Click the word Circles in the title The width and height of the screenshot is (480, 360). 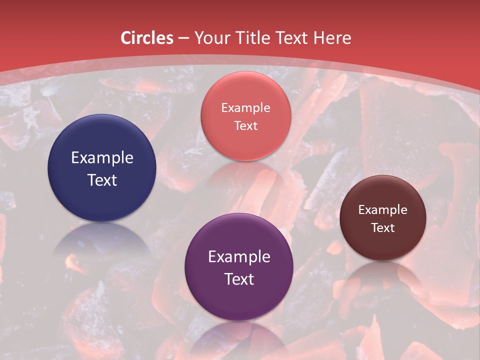146,38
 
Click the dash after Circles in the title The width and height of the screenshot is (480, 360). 183,38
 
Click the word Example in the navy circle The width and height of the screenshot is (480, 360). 102,158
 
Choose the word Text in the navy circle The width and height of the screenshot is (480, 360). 102,180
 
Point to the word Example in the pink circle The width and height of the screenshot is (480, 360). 245,108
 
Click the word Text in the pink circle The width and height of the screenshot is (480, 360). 245,126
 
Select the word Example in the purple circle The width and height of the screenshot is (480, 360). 239,257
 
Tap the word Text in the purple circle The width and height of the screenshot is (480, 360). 239,279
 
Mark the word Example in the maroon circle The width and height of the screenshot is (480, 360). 383,210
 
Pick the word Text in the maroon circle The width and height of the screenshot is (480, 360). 383,228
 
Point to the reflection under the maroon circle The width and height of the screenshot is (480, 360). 383,275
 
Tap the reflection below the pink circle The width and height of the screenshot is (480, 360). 245,175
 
